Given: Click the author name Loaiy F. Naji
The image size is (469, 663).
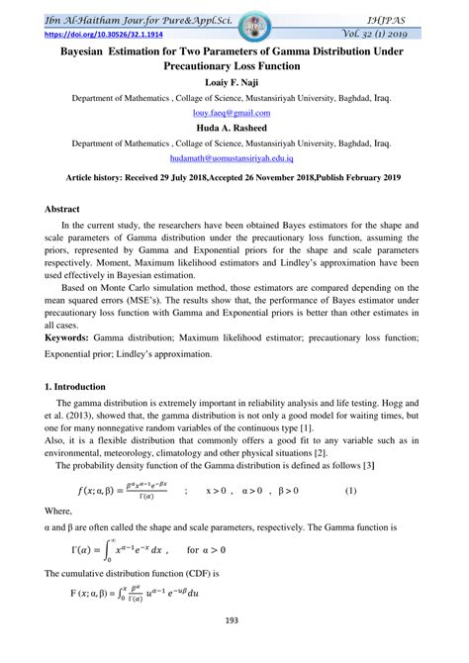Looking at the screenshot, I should (x=234, y=82).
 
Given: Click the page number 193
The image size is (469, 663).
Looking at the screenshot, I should (x=234, y=648).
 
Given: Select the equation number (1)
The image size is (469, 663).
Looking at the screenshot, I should (x=349, y=492).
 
